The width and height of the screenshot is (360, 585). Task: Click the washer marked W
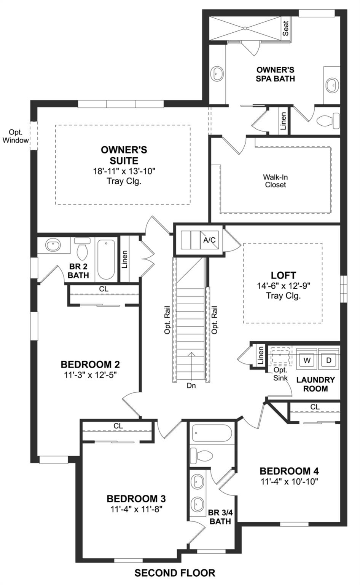[x=307, y=360]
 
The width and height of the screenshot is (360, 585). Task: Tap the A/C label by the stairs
[x=209, y=240]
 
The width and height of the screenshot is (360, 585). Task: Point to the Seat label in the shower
[x=286, y=28]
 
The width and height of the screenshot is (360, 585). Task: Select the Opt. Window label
[x=16, y=136]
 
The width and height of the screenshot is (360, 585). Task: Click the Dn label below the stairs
[x=191, y=385]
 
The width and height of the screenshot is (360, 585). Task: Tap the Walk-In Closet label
[x=274, y=181]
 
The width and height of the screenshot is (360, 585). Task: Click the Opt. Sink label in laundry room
[x=280, y=374]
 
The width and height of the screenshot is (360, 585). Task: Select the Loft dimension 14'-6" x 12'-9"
[x=283, y=286]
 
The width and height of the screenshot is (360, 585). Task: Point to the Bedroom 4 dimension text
[x=289, y=481]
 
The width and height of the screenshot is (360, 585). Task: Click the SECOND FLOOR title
[x=175, y=572]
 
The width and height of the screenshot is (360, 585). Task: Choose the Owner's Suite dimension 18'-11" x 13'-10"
[x=124, y=171]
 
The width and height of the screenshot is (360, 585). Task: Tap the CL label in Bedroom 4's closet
[x=315, y=407]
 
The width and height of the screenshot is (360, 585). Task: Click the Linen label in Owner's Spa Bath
[x=283, y=121]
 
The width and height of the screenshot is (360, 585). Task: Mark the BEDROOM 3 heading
[x=136, y=499]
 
